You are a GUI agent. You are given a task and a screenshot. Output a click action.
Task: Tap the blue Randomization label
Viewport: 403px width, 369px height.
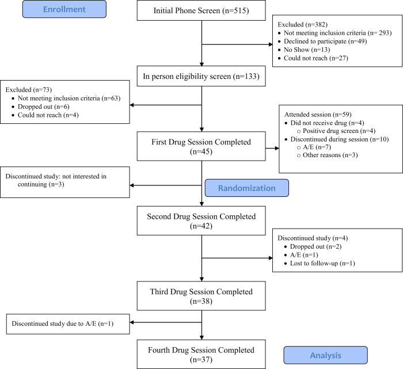tap(247, 188)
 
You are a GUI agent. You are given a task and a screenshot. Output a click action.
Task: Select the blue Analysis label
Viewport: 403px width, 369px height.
tap(325, 354)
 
